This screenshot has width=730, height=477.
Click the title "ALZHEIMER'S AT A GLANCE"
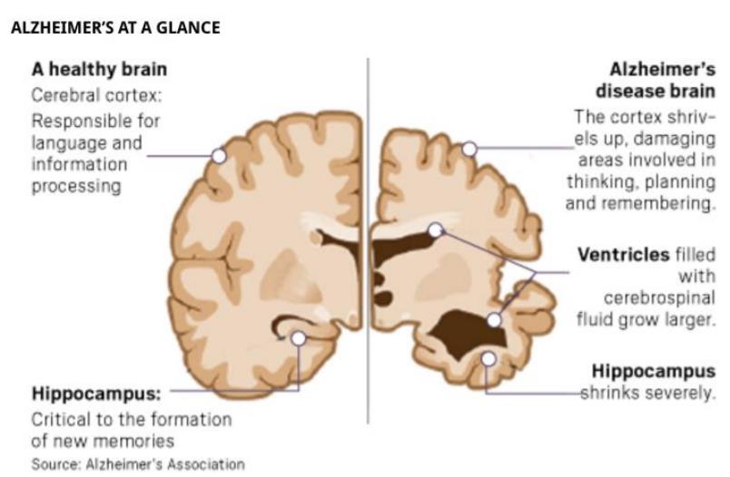[x=114, y=27]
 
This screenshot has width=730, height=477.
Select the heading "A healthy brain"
[x=99, y=70]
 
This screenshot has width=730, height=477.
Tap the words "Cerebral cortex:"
[x=97, y=95]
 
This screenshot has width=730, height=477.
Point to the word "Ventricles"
[x=623, y=254]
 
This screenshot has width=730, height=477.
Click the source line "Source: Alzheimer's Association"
[x=138, y=463]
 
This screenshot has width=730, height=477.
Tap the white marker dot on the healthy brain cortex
[x=219, y=155]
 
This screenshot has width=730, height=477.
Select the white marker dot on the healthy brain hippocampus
[x=299, y=338]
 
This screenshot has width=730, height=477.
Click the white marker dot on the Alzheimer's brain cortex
[x=469, y=149]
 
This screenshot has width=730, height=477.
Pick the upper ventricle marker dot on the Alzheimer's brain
[x=436, y=230]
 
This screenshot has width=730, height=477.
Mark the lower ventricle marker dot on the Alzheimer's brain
[x=494, y=319]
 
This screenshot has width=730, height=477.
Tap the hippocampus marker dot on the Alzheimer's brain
[x=488, y=359]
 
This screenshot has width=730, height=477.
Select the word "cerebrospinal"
[x=658, y=297]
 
